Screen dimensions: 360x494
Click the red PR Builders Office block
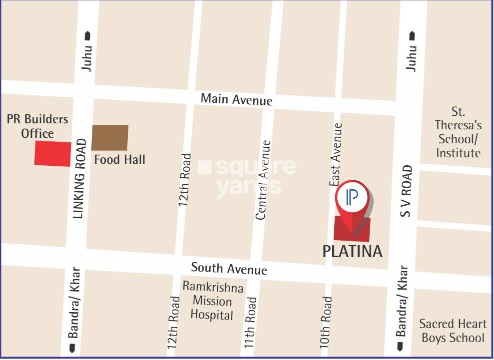[52, 153]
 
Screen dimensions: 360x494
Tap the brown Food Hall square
[110, 137]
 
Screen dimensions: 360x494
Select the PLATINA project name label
[352, 251]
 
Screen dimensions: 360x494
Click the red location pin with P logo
[352, 200]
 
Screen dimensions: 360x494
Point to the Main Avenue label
[236, 99]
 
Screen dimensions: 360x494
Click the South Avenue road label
[229, 269]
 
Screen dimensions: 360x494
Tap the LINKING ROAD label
[79, 179]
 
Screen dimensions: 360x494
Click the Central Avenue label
[263, 180]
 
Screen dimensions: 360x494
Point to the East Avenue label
[336, 155]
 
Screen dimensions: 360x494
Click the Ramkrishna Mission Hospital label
[213, 301]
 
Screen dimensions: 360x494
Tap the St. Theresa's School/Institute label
[458, 132]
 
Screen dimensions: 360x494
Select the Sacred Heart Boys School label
[453, 331]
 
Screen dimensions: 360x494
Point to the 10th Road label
[326, 323]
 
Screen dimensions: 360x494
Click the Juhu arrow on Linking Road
[88, 35]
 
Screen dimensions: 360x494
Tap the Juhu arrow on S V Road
[412, 35]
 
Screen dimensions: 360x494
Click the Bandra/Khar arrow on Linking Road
[73, 348]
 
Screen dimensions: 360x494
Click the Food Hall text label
[120, 160]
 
